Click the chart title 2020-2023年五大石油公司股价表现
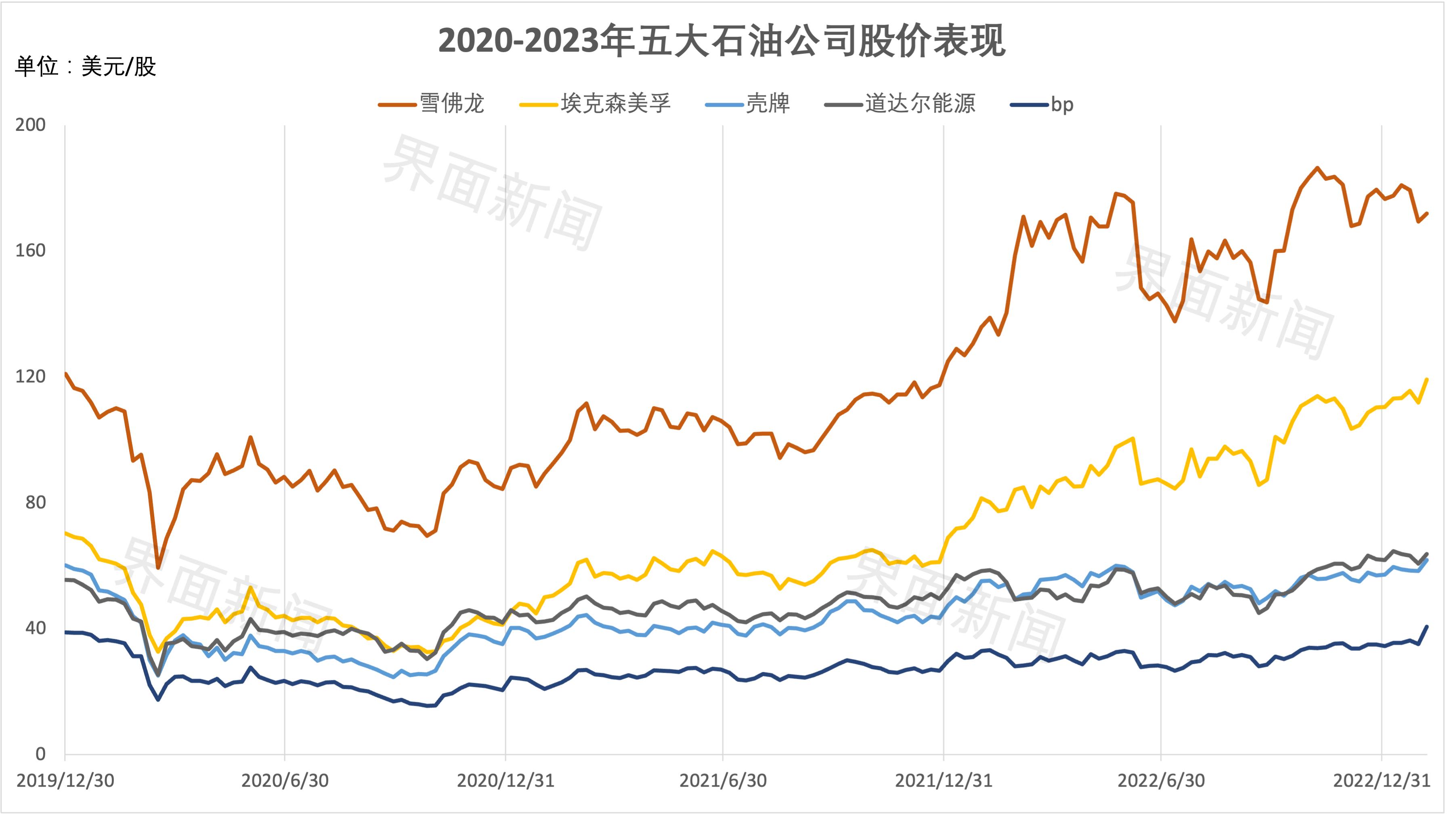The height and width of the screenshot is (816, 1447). coord(722,41)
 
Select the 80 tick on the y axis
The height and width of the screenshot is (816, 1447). coord(35,502)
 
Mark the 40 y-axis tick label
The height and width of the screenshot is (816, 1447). coord(35,628)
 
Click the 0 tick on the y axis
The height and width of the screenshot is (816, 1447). coord(40,754)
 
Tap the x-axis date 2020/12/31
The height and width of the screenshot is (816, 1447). coord(505,780)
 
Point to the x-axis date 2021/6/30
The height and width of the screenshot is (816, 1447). coord(723,780)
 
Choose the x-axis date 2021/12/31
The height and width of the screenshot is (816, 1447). coord(944,780)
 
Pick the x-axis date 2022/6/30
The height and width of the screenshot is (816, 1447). coord(1161,780)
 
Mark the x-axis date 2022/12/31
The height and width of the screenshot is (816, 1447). coord(1381,780)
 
